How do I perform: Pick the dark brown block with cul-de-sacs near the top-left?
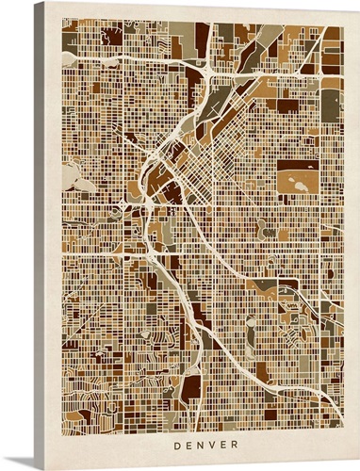111,37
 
